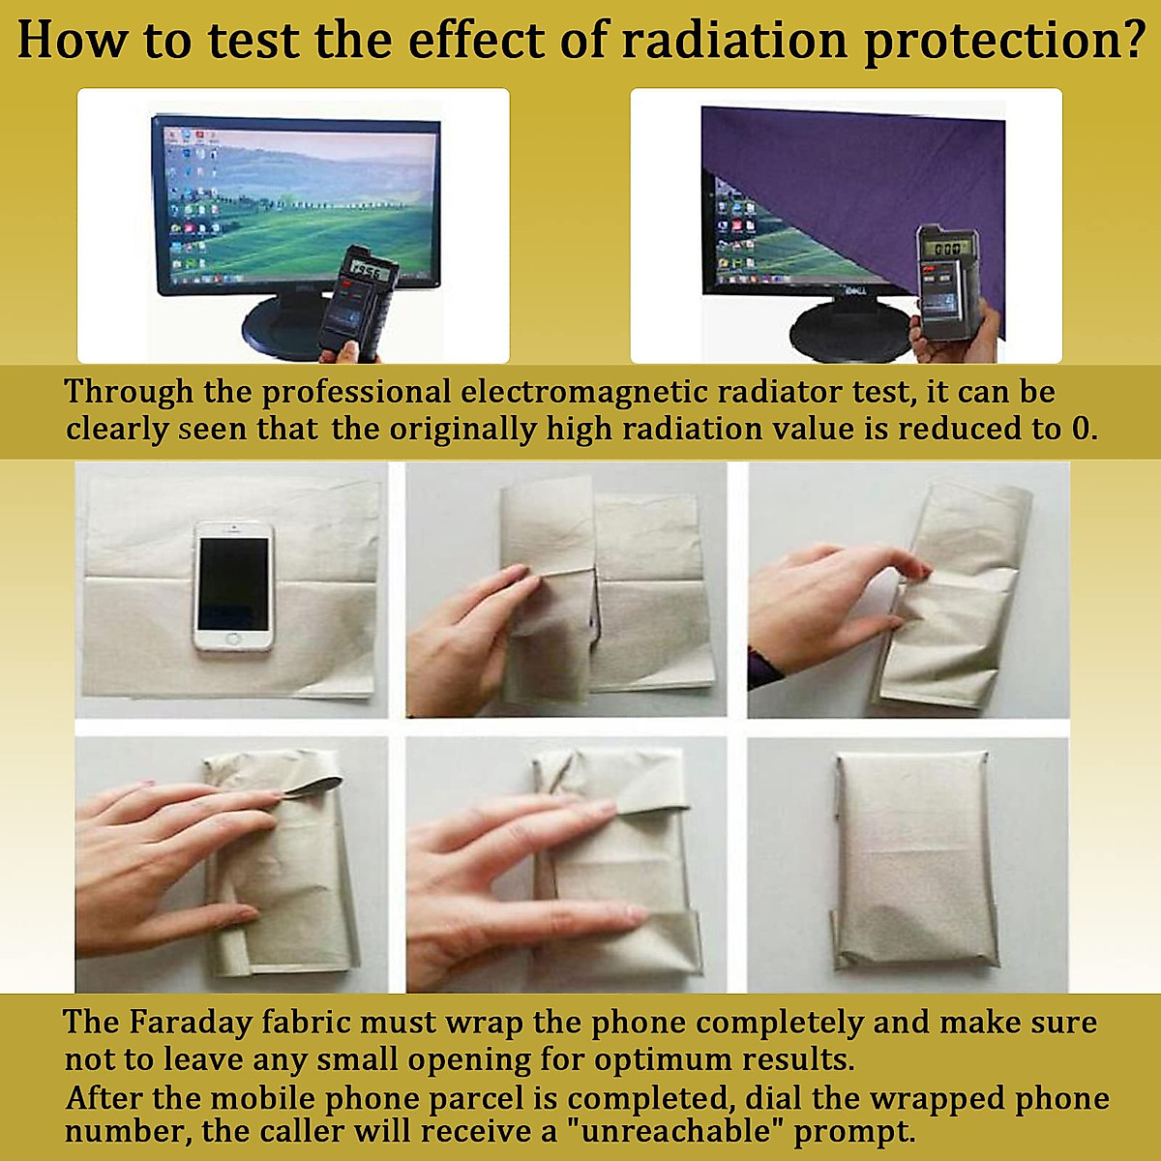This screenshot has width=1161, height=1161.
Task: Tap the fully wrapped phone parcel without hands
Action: tap(909, 861)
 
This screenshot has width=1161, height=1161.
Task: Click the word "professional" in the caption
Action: tap(356, 392)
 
